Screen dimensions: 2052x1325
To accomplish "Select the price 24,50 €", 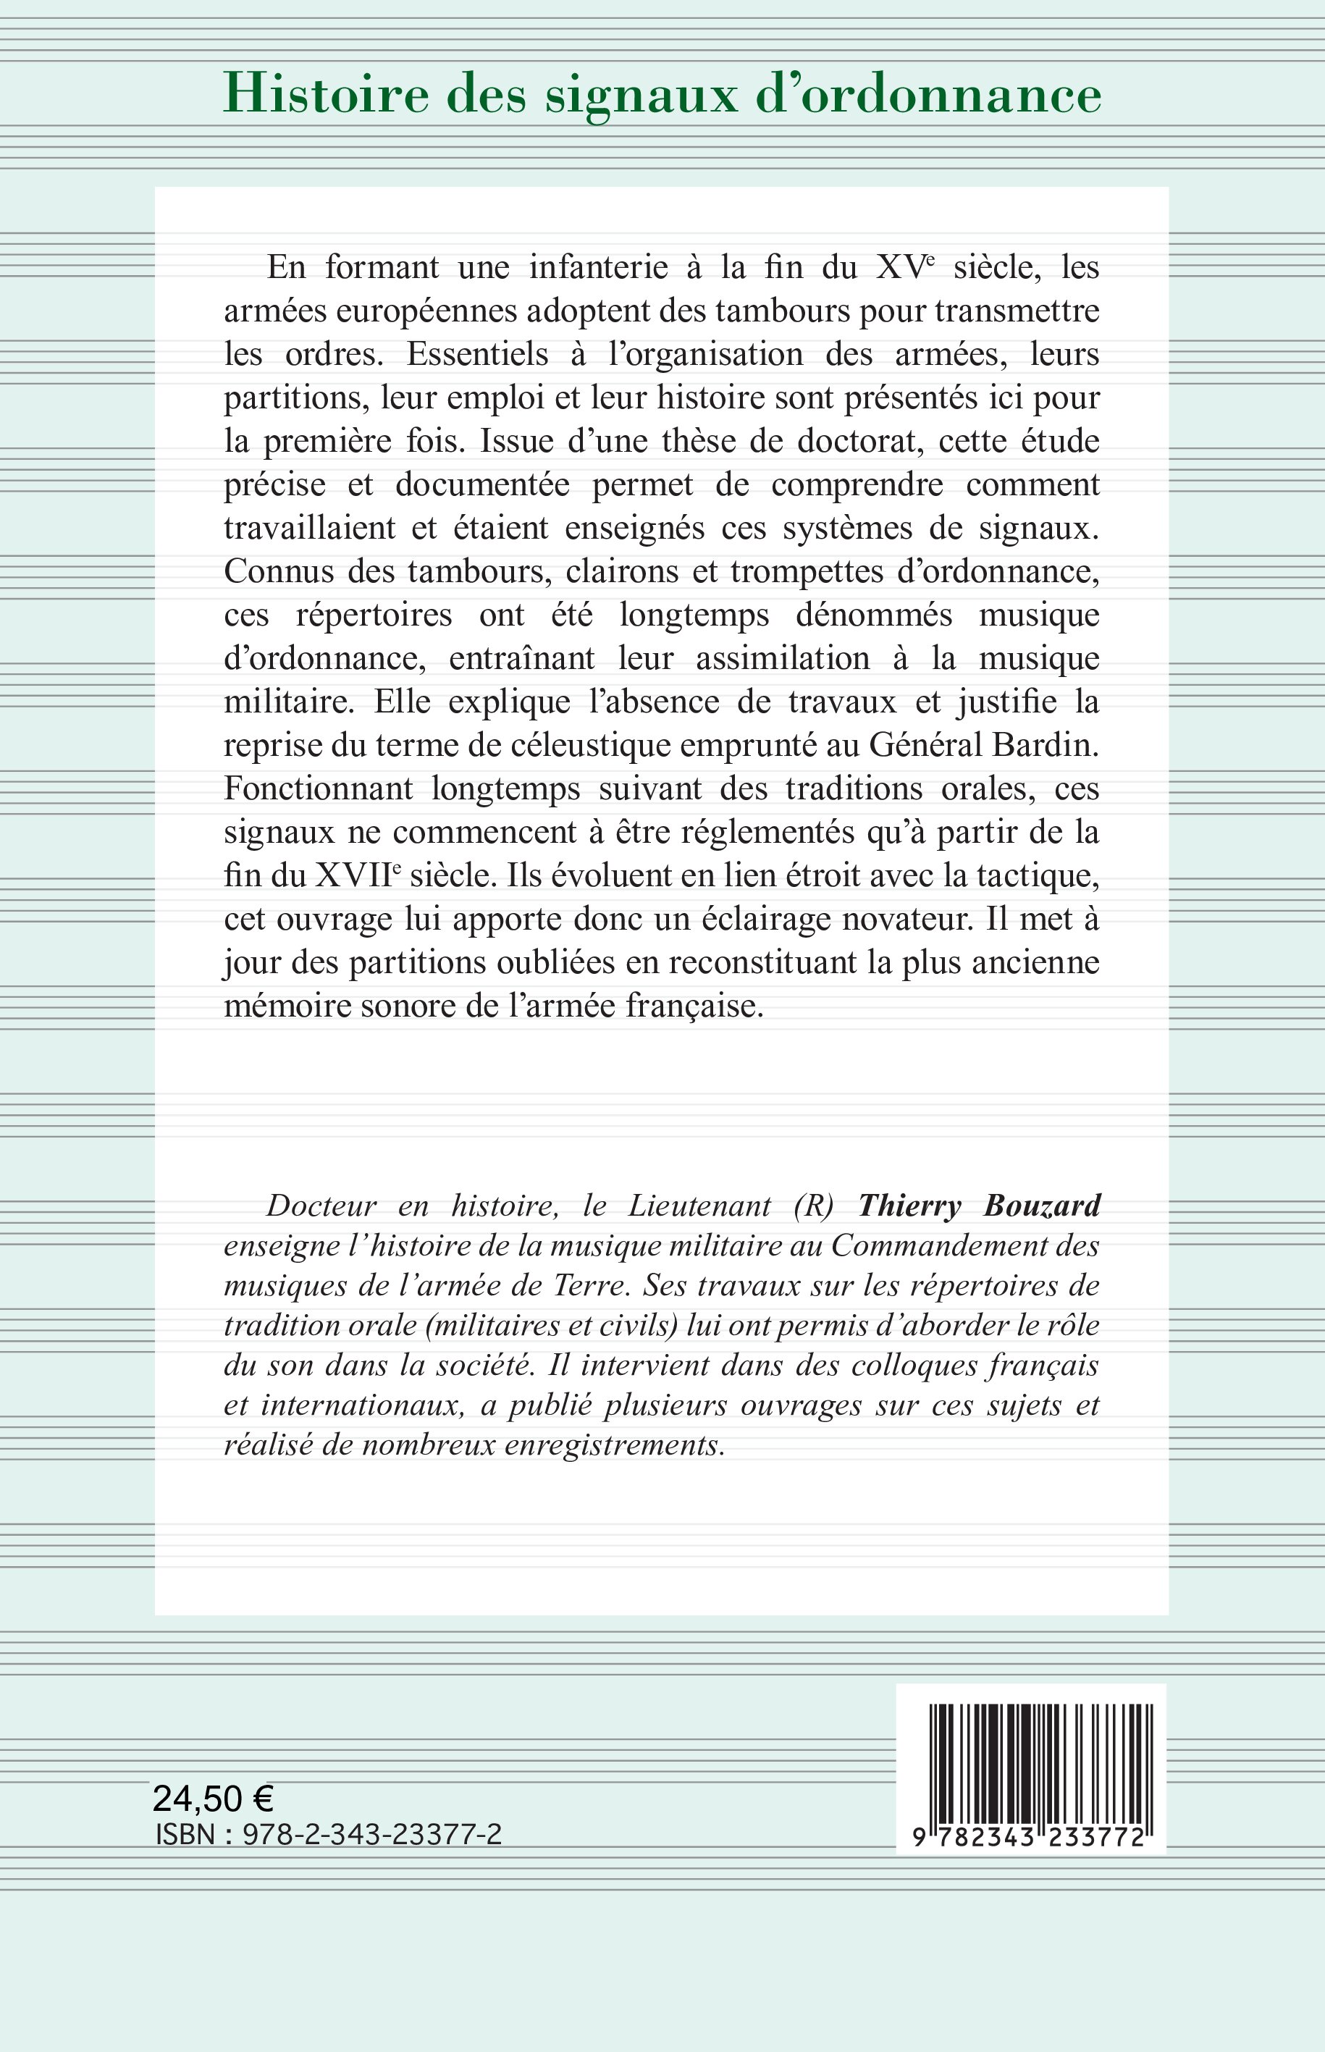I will pyautogui.click(x=213, y=1798).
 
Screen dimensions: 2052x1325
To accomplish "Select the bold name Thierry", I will pyautogui.click(x=909, y=1206).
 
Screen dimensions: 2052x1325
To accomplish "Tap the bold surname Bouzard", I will pyautogui.click(x=1042, y=1206).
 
